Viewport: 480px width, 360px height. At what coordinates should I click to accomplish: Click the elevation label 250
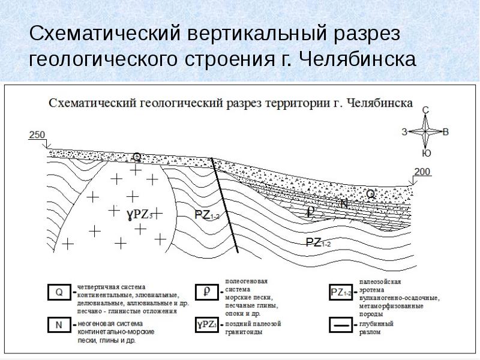(x=37, y=135)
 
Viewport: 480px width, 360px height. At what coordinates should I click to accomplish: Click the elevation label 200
(x=422, y=172)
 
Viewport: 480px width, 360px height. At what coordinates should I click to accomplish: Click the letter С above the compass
(x=425, y=110)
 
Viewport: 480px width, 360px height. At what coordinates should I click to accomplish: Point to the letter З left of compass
(x=405, y=131)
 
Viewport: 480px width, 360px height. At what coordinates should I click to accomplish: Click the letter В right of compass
(x=445, y=131)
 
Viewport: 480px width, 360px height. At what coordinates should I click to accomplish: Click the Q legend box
(x=59, y=293)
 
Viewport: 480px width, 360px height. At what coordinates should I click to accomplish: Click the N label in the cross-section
(x=344, y=204)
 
